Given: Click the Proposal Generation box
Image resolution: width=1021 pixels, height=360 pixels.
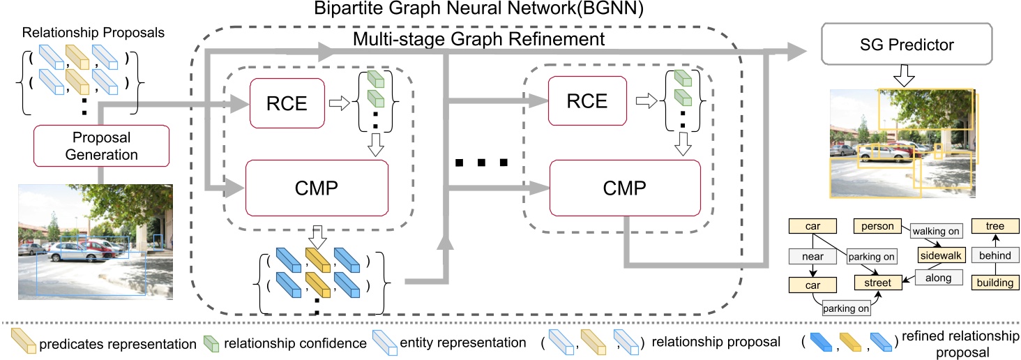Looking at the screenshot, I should (102, 145).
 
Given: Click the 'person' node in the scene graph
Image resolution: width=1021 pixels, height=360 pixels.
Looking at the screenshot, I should (877, 227).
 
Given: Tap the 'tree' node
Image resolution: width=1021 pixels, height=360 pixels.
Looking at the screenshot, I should (995, 227).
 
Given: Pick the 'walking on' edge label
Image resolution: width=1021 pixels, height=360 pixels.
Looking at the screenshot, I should (935, 231).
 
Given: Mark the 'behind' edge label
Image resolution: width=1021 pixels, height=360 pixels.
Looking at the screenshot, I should (995, 256).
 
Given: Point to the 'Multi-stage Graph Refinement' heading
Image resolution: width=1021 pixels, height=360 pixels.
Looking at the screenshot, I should (478, 38).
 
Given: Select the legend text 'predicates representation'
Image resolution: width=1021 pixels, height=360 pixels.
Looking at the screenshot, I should (118, 343).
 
